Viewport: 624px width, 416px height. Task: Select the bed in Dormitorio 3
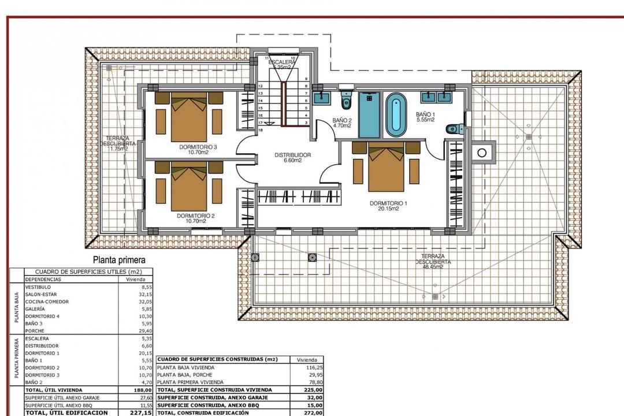coord(189,120)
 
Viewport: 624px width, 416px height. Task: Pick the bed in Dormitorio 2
coord(189,187)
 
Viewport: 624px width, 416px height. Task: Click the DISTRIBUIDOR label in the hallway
coord(292,155)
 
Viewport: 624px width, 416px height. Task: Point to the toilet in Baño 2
coord(346,102)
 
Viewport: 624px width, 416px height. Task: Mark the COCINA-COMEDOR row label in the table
coord(47,302)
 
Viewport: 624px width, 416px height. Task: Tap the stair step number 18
coord(261,130)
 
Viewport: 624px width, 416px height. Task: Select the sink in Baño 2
coord(321,96)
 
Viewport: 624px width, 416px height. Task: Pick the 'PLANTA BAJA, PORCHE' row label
coord(185,375)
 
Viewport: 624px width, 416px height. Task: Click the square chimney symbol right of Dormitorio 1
coord(481,153)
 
